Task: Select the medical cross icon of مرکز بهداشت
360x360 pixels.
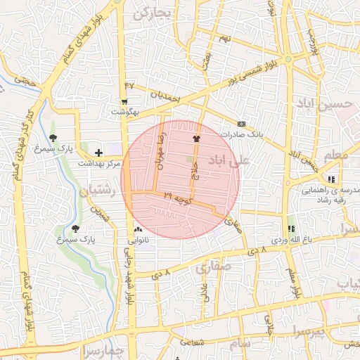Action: click(98, 153)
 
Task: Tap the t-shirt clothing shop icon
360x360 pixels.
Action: click(196, 139)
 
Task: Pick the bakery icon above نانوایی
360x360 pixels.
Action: click(138, 230)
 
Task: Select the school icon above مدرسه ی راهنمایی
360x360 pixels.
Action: click(331, 179)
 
